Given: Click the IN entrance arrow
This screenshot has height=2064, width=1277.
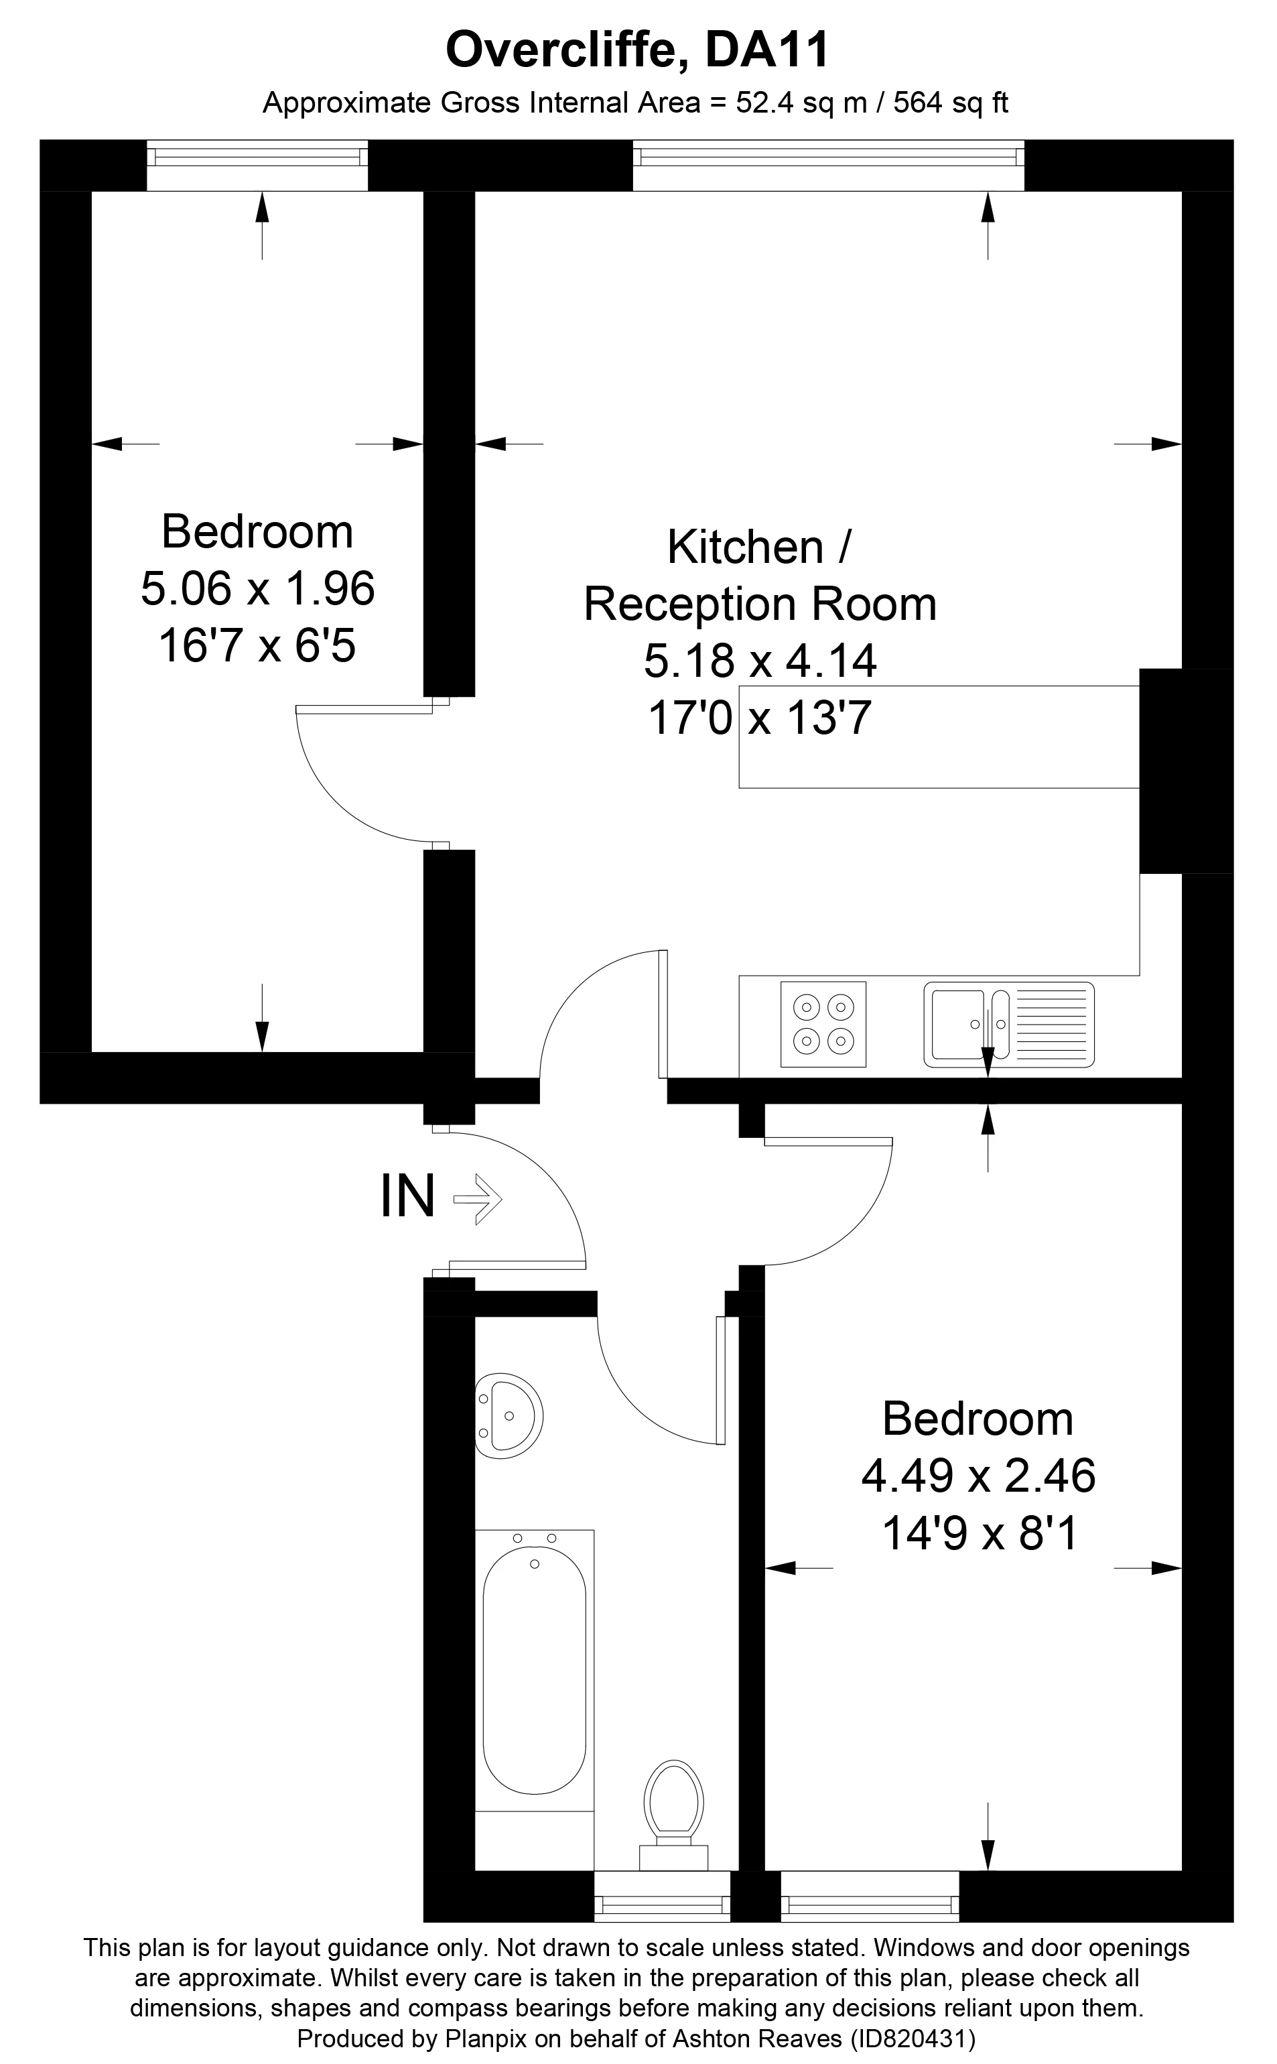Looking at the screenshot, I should tap(478, 1198).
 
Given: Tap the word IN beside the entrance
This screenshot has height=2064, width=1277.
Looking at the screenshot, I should tap(408, 1196).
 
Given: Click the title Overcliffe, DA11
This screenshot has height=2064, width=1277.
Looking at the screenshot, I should tap(638, 51).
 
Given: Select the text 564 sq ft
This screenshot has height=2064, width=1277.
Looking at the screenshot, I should tap(950, 103).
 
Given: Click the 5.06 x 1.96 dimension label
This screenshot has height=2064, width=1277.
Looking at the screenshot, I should tap(257, 588).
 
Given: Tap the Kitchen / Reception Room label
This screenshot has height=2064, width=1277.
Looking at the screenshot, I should tap(760, 575).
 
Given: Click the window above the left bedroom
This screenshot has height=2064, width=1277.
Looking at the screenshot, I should tap(257, 165).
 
